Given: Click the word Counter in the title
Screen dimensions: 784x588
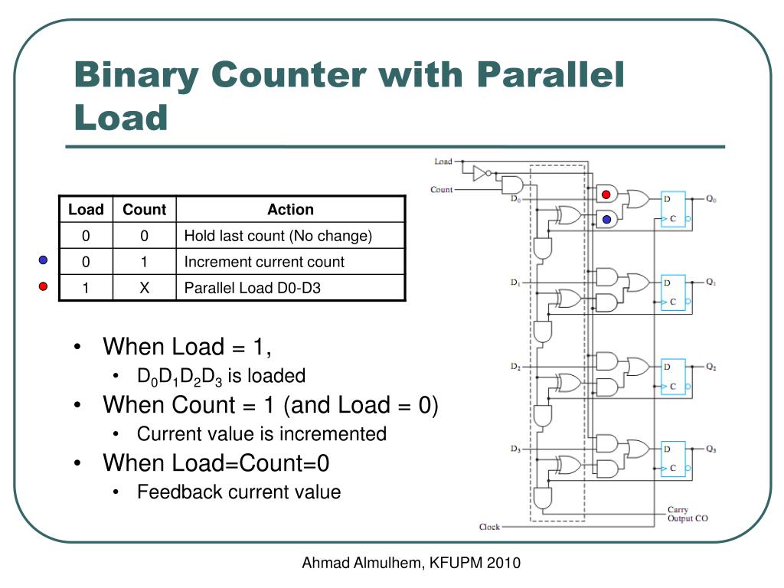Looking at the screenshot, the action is pos(289,74).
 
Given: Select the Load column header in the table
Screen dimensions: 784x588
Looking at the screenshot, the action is pos(86,209).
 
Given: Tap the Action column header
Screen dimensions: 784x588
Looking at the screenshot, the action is pos(290,209).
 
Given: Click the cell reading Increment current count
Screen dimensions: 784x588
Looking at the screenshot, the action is pos(264,262).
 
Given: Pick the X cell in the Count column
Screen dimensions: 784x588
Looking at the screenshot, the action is pos(144,288).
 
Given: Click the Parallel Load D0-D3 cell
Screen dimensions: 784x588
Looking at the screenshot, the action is pos(252,288).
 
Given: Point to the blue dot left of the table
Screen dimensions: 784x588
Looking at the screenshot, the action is pos(44,260).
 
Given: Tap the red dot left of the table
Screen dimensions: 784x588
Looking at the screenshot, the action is pos(44,286).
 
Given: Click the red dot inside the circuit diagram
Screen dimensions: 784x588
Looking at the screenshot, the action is pos(606,194).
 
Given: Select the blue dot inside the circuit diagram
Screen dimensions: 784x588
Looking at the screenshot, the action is pos(606,219).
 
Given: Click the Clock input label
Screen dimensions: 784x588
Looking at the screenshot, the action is pos(489,527).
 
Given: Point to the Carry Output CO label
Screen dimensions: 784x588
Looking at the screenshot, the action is pos(688,514).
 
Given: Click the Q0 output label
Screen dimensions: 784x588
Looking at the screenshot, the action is pos(711,199).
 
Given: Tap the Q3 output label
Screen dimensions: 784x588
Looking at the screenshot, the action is pos(711,449).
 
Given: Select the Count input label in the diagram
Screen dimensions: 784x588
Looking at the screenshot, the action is pos(441,190).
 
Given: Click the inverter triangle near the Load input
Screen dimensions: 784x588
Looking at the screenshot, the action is pos(479,174).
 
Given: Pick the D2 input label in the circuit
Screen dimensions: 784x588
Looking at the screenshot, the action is pos(515,367).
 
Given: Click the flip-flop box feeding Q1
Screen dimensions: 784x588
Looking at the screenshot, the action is pos(673,292).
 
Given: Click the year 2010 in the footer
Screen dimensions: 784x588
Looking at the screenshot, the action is pos(504,563).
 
